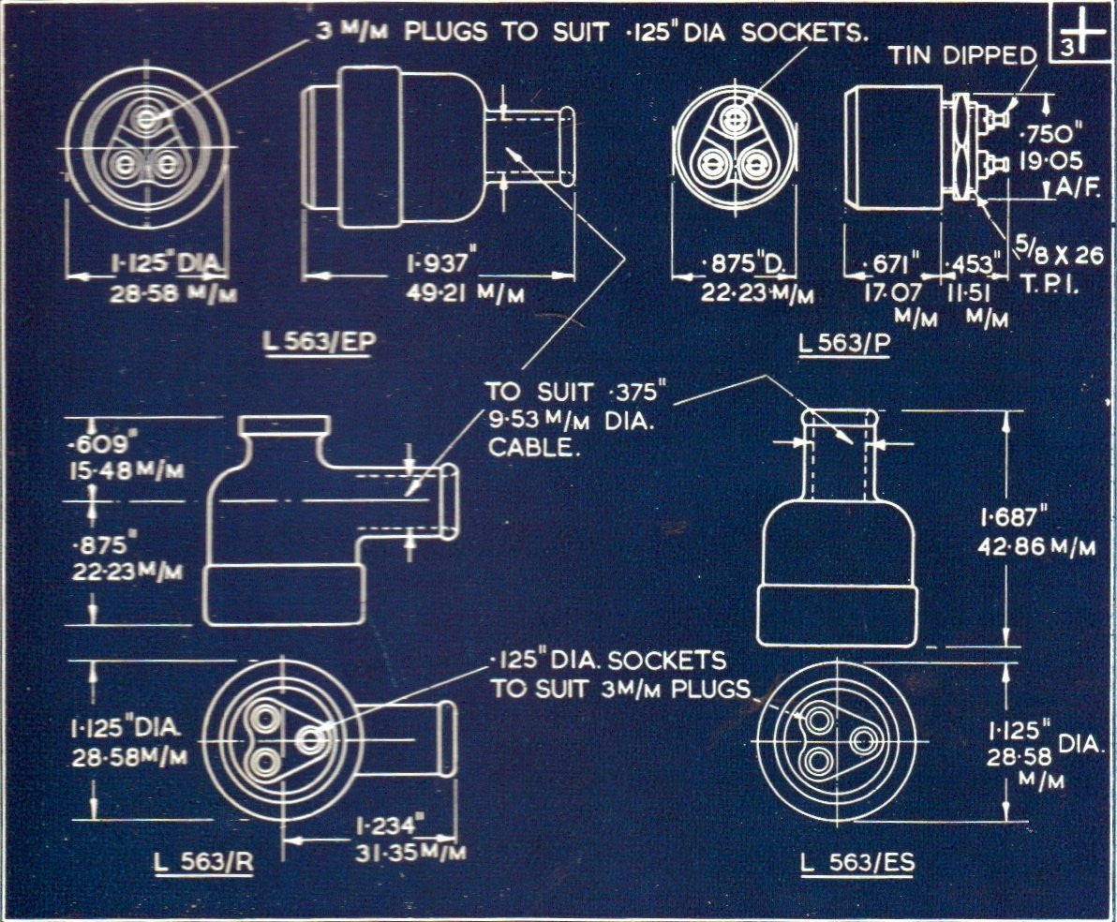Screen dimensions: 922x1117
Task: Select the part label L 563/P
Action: [x=844, y=345]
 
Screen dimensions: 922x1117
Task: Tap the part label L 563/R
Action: [x=203, y=863]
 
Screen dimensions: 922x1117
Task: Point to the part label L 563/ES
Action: [x=857, y=863]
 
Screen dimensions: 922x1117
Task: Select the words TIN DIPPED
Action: [x=962, y=55]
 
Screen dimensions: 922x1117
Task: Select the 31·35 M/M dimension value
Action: [x=410, y=853]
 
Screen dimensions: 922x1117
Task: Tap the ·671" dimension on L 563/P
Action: [x=890, y=261]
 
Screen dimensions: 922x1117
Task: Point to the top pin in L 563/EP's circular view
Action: [x=145, y=120]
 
